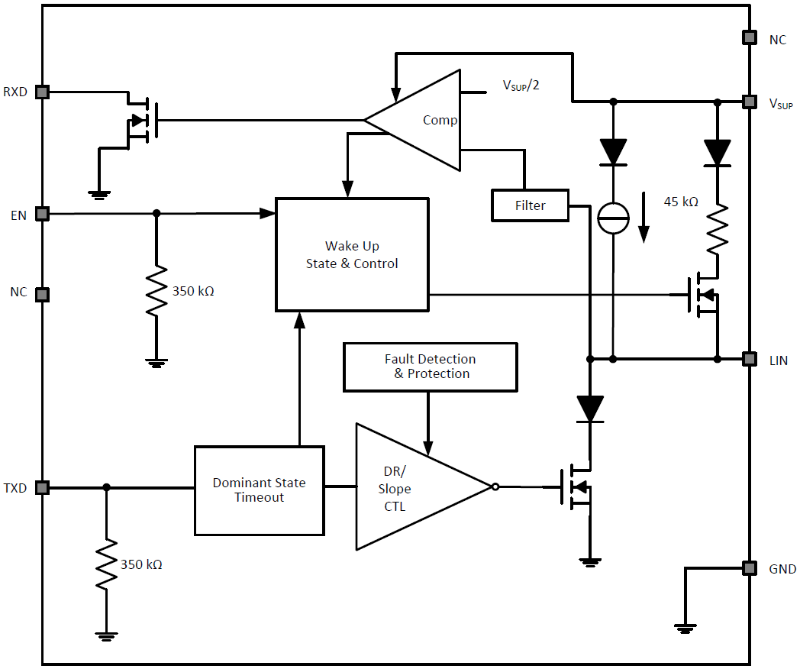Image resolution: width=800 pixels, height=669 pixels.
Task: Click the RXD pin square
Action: click(x=43, y=92)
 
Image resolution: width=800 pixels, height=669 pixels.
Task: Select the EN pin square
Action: click(x=43, y=214)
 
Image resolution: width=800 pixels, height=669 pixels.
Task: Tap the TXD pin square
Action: click(x=43, y=487)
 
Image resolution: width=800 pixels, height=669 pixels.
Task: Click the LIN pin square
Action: click(x=750, y=358)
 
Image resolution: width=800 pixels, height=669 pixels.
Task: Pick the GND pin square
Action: click(x=750, y=568)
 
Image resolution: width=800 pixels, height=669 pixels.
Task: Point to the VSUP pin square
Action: click(x=750, y=102)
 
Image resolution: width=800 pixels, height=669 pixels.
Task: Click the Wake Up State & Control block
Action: click(x=352, y=254)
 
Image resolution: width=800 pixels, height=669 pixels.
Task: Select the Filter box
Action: click(x=530, y=205)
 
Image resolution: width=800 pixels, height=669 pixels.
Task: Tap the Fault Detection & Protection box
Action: click(x=431, y=367)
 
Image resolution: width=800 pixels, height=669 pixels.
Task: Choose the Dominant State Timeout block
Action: click(x=260, y=490)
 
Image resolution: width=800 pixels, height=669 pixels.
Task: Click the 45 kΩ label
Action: click(x=680, y=202)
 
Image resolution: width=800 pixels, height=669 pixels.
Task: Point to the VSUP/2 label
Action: click(x=521, y=85)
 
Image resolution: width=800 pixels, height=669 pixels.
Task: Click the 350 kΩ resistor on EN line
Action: click(x=156, y=290)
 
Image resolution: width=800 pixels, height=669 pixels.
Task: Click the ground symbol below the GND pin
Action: click(x=685, y=628)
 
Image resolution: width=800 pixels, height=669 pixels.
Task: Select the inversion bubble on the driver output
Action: click(x=495, y=487)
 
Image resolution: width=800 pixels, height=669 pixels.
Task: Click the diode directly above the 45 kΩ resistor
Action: click(x=717, y=153)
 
